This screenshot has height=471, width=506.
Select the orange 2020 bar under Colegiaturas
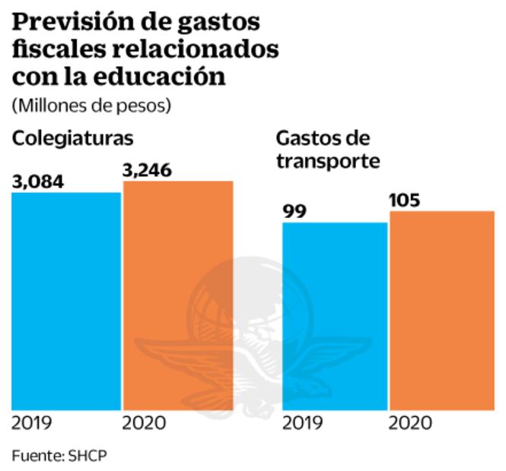[178, 296]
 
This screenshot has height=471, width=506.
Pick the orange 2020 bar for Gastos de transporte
[442, 311]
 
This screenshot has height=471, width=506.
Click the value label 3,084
[37, 182]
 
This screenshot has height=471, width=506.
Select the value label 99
[294, 211]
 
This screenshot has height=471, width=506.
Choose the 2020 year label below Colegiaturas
[144, 423]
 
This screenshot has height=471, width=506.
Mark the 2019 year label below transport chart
[303, 423]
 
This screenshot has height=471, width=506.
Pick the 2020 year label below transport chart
[411, 423]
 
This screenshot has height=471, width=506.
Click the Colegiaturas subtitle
[72, 138]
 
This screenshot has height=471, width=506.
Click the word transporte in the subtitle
[328, 161]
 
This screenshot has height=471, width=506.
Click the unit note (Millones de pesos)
[91, 105]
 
